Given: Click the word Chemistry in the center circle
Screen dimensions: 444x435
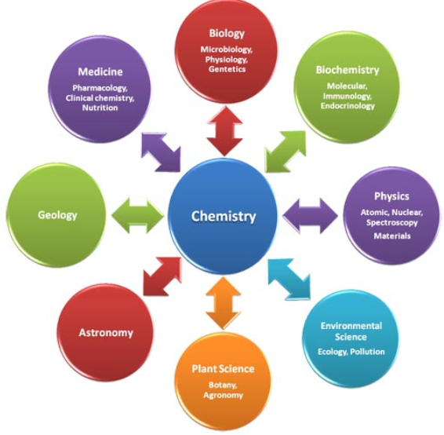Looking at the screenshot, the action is pos(224,217).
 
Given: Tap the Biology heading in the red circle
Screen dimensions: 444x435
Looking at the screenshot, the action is pos(227,34).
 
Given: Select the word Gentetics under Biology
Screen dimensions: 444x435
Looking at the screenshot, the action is pos(227,69).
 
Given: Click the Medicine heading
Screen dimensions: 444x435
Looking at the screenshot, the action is pos(100,71).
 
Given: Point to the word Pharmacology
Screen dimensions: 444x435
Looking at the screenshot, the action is pos(100,89).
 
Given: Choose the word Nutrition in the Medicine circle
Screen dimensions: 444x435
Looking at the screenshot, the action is pos(100,108).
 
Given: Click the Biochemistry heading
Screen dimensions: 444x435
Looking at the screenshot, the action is pos(348,71).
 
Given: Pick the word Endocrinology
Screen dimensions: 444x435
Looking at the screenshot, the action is pos(348,106).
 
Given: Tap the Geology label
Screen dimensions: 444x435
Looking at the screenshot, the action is pos(57,215).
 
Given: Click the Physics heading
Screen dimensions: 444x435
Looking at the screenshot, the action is pos(391,196).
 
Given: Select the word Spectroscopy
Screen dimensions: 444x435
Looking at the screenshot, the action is pos(392,223).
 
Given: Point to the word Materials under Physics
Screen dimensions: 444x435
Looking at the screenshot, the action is pos(392,236).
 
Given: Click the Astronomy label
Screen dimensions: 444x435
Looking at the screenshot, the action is pos(106,333).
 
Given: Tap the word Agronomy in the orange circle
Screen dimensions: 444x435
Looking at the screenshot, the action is pos(223,395).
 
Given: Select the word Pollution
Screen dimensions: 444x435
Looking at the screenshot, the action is pos(367,352).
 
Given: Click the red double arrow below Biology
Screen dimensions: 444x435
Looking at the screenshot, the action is pos(225,131).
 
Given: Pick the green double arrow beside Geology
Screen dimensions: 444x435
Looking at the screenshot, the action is pos(138,216).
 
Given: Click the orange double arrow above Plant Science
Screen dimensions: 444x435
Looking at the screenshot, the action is pos(224,303).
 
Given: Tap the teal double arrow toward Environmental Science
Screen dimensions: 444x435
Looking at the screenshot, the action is pos(289,279).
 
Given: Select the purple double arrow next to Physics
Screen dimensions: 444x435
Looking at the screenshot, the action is pos(310,216).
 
